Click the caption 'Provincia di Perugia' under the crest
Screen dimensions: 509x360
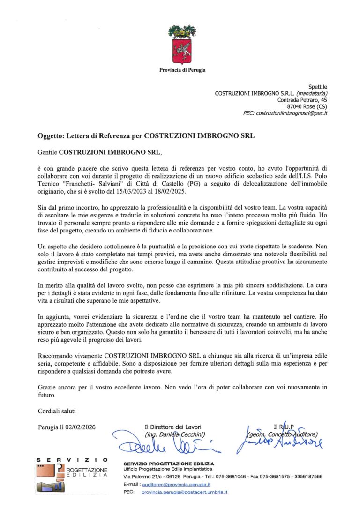tap(182, 70)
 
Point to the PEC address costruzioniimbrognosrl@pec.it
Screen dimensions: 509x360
tap(293, 113)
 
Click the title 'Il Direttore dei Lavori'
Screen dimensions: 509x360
tap(173, 427)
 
